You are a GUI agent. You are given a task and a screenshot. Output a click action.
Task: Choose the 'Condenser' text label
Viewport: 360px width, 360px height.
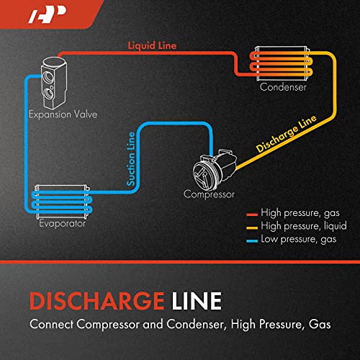click(284, 87)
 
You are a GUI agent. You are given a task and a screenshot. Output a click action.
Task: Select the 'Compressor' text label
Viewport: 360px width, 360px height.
click(210, 194)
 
